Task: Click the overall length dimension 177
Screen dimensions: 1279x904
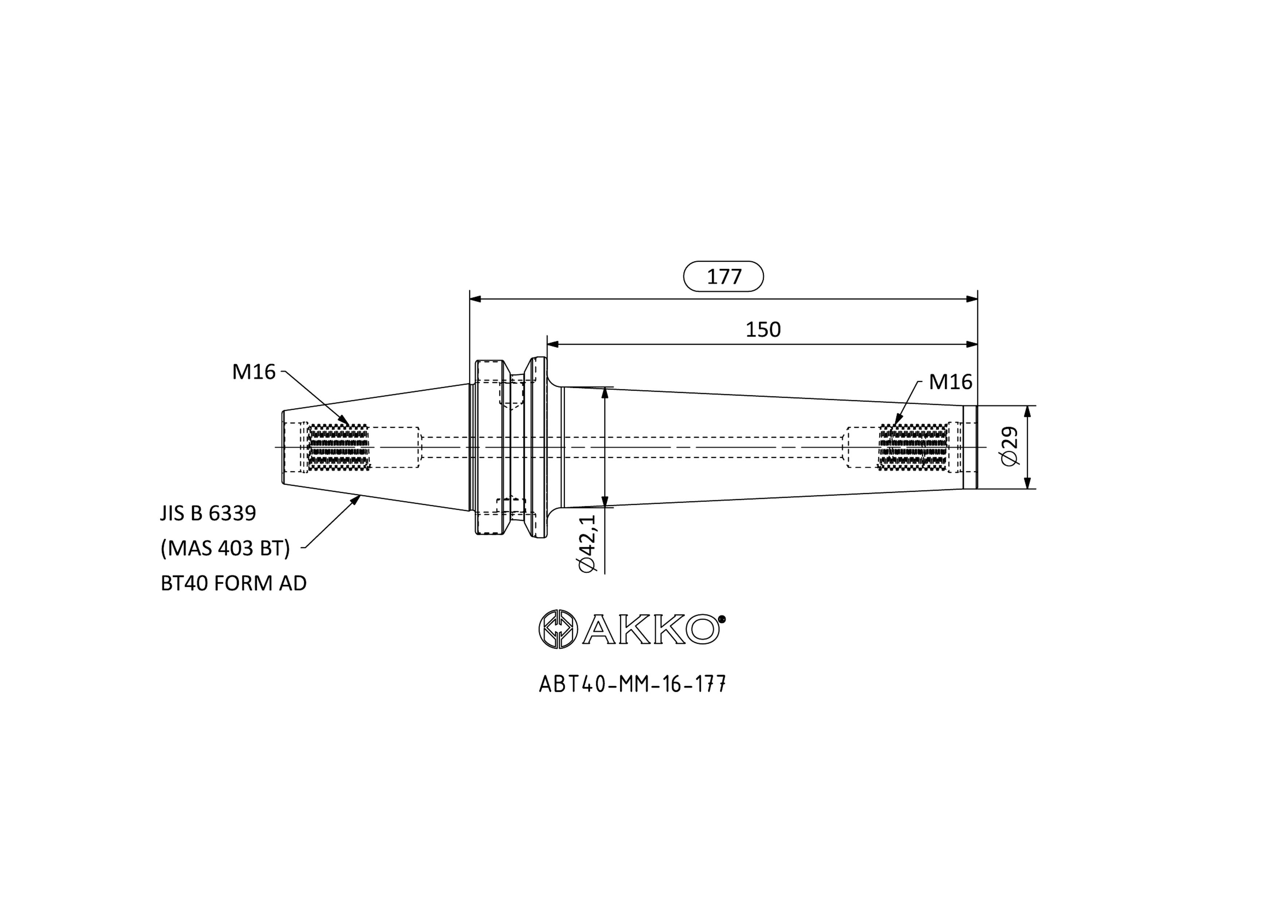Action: click(724, 277)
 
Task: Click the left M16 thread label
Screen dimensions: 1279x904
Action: click(254, 372)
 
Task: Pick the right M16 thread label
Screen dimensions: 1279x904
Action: click(950, 382)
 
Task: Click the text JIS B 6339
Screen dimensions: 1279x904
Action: click(208, 513)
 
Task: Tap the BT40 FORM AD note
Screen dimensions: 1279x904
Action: click(233, 584)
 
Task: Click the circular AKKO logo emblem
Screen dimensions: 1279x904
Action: click(558, 629)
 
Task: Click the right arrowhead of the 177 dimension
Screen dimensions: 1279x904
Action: click(972, 299)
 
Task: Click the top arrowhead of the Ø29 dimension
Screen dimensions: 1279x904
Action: click(1028, 412)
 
